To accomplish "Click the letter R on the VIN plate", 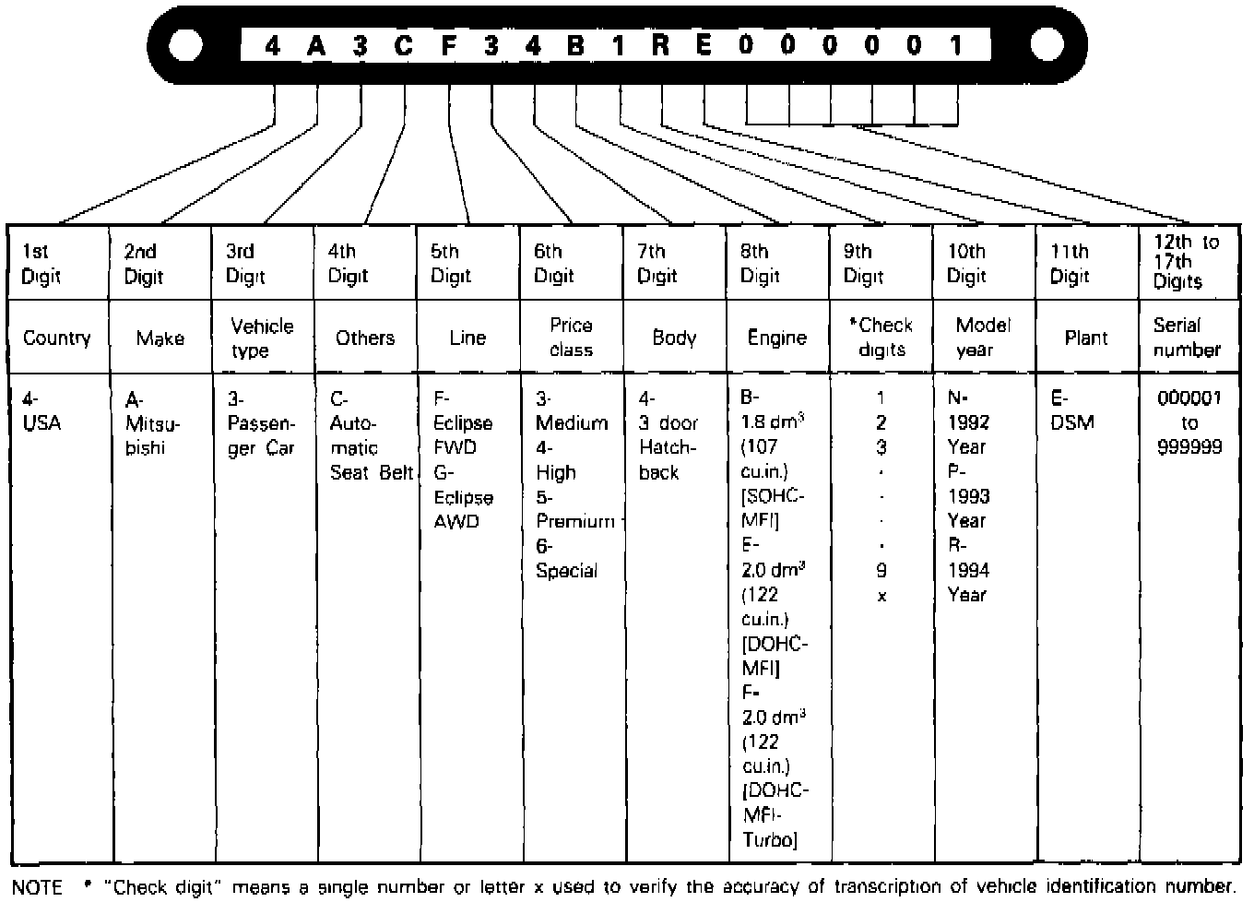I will (660, 44).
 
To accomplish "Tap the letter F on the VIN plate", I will (448, 44).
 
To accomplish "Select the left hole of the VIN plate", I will (186, 44).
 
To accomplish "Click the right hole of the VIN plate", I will (1047, 44).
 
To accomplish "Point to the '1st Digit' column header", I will (41, 264).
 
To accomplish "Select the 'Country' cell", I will (57, 338).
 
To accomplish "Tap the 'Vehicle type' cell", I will (262, 338).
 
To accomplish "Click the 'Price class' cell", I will (571, 338).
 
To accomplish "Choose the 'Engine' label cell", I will (776, 338).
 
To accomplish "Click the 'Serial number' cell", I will (1187, 338).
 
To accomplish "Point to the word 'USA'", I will (42, 423).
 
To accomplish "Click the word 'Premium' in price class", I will (575, 521).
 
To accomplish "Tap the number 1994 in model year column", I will (968, 570).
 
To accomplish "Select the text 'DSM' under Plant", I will (1072, 423).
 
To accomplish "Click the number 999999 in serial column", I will (1189, 447).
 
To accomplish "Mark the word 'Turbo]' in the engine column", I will (770, 839).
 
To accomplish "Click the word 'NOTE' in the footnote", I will (38, 887).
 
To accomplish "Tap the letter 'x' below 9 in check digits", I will (881, 596).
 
